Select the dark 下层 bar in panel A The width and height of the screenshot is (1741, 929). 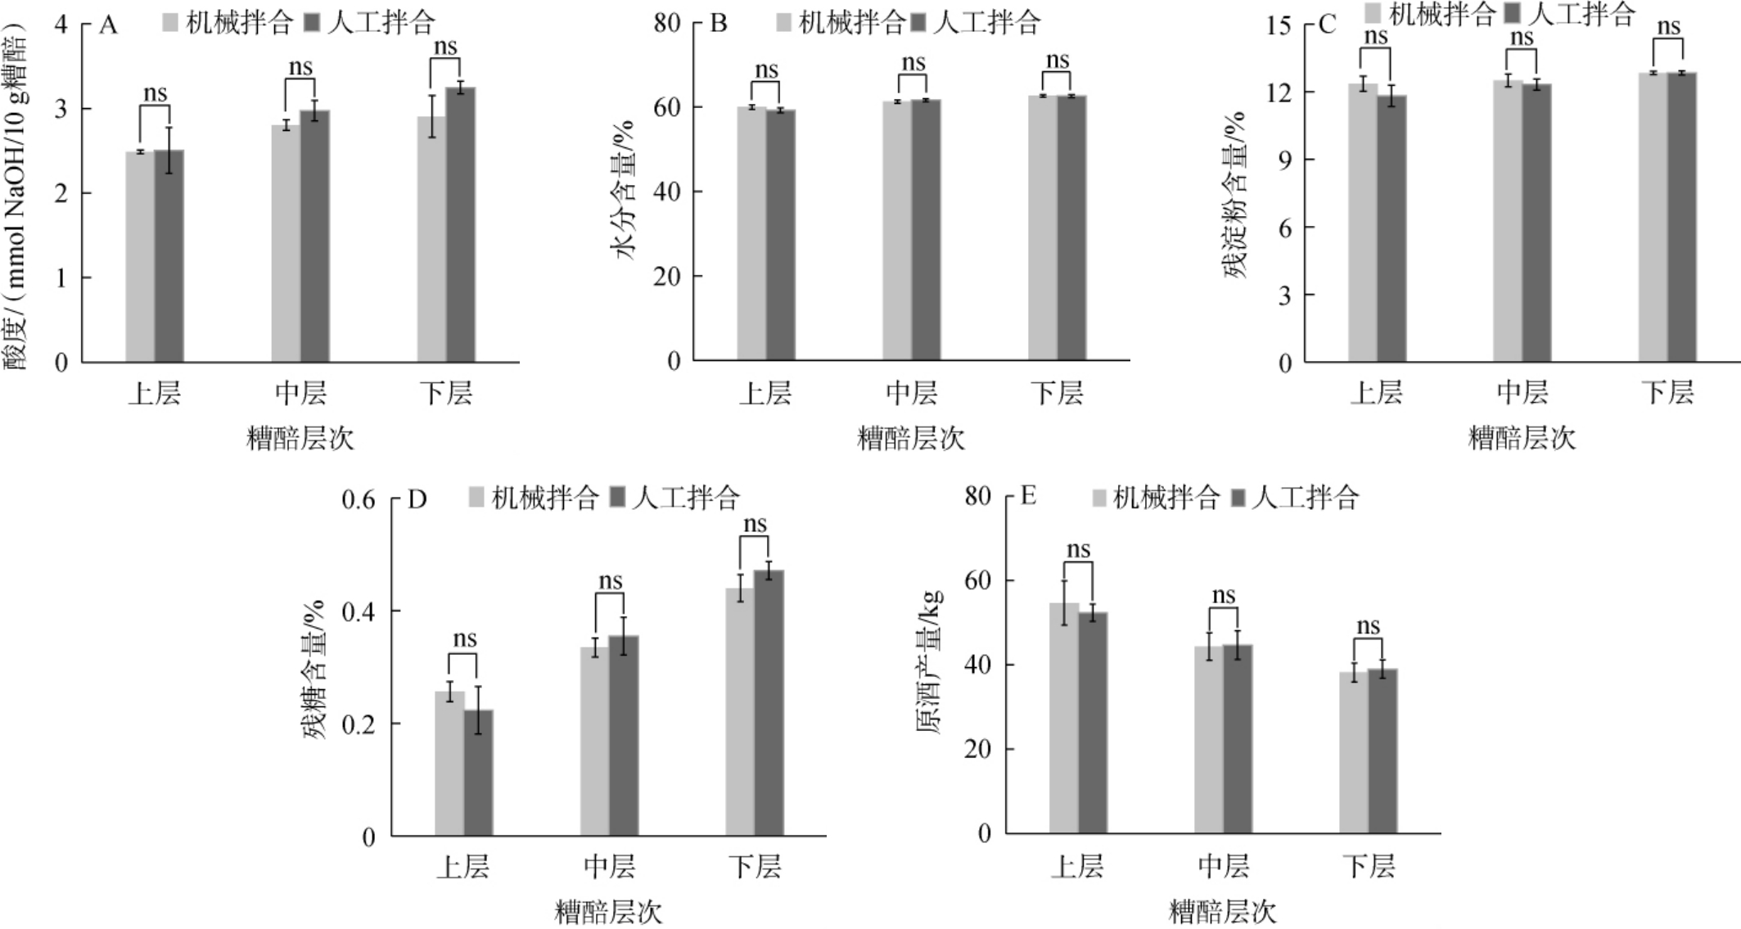pos(461,224)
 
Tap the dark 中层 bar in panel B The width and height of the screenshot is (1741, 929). pos(927,230)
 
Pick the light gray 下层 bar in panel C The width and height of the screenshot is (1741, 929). pos(1653,217)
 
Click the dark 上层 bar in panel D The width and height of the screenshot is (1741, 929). pos(478,773)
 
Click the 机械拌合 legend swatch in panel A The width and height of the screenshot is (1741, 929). pos(171,23)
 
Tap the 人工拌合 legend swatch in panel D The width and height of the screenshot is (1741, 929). pos(618,497)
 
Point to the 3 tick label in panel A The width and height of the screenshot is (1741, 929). pos(61,109)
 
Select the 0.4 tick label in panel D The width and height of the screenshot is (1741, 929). pos(358,611)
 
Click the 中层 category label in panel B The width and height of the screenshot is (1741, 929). pos(912,394)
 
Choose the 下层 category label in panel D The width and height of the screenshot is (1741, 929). pos(755,866)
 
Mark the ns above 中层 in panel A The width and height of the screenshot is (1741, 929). pos(300,67)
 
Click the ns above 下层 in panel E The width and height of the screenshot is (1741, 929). pos(1368,626)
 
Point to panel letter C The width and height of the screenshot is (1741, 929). pos(1327,25)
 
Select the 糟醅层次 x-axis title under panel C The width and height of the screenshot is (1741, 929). pos(1522,438)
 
